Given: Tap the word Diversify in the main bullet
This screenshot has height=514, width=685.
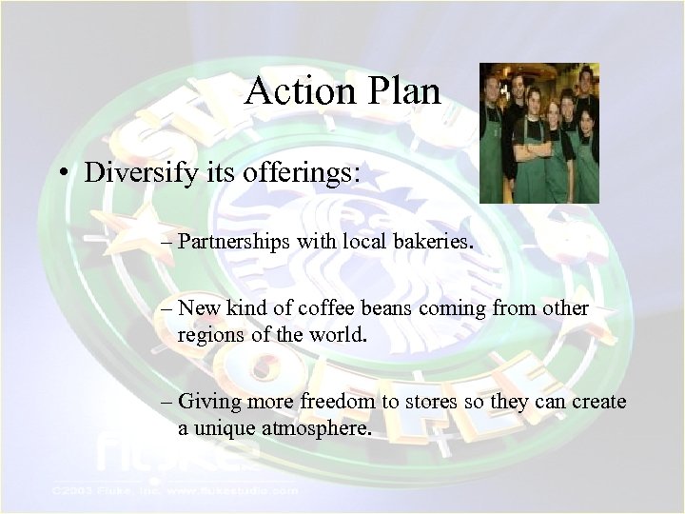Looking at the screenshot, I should pos(141,172).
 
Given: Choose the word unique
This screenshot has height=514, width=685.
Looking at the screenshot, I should pos(222,429).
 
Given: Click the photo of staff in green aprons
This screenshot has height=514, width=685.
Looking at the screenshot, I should pos(538,132).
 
